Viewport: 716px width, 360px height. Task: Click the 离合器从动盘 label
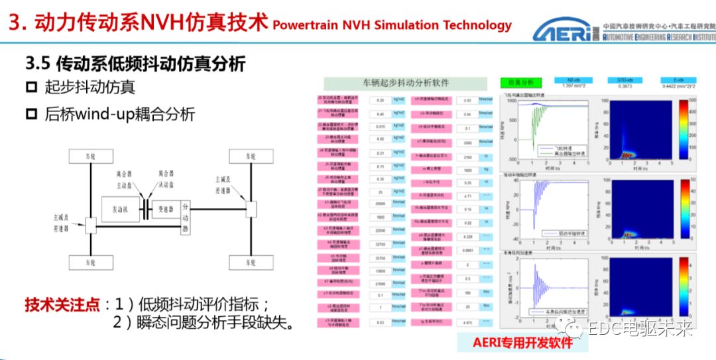click(x=163, y=179)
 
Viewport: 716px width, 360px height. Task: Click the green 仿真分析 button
click(x=521, y=83)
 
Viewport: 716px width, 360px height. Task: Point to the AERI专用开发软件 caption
click(x=522, y=342)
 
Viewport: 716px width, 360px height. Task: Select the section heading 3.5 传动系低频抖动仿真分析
click(x=136, y=64)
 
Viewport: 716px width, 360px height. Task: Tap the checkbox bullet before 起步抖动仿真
click(x=32, y=88)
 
